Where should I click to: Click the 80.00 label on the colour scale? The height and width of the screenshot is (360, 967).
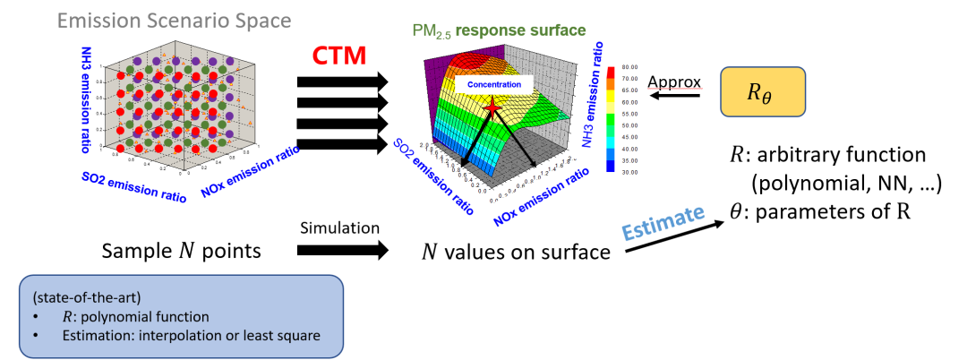(627, 66)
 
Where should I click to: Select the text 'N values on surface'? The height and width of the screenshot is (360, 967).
(516, 253)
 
